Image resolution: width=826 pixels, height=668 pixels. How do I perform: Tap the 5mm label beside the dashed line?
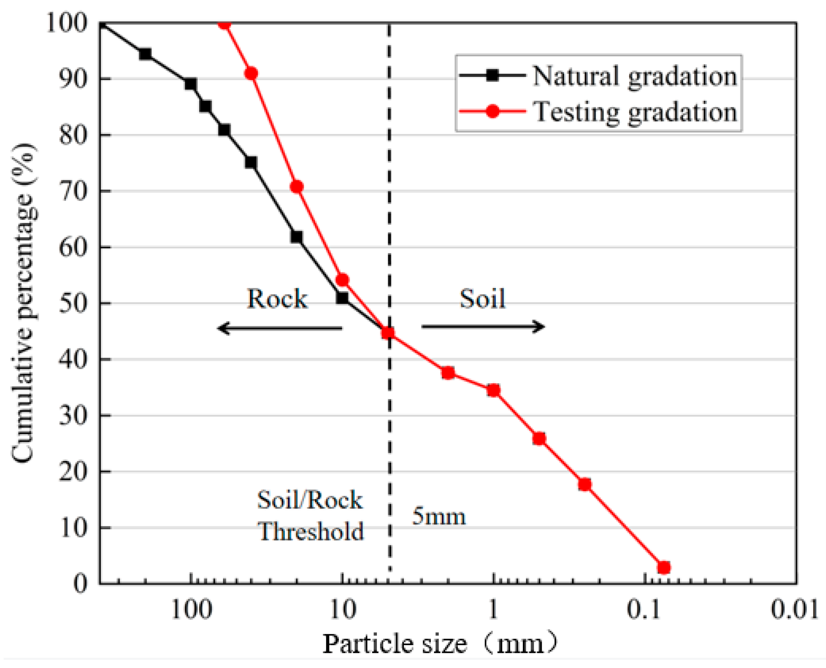point(439,516)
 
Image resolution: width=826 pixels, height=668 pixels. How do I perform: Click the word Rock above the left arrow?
point(277,299)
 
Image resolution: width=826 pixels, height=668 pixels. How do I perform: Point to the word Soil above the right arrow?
point(482,299)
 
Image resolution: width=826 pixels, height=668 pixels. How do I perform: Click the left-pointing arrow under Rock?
point(279,328)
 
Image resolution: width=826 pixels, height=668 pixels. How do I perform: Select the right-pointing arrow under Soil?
point(483,326)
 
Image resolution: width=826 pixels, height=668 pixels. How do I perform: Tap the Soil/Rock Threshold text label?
point(310,516)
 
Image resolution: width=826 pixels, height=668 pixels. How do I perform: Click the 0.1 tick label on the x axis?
point(644,609)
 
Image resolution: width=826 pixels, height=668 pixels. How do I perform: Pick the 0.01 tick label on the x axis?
point(794,609)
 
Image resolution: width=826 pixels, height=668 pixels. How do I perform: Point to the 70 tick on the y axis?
point(73,191)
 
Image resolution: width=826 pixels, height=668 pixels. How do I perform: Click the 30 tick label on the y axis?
point(73,416)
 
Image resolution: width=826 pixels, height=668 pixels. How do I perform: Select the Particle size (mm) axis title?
point(440,643)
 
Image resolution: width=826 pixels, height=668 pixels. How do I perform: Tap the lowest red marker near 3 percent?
point(663,568)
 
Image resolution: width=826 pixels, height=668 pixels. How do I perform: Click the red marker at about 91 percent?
point(251,73)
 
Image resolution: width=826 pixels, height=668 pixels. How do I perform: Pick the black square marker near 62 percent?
point(297,237)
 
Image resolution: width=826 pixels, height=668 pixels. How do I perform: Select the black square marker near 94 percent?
point(145,54)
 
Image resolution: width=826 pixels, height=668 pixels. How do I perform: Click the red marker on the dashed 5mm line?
point(388,333)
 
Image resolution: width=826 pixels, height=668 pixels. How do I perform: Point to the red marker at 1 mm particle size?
point(493,391)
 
